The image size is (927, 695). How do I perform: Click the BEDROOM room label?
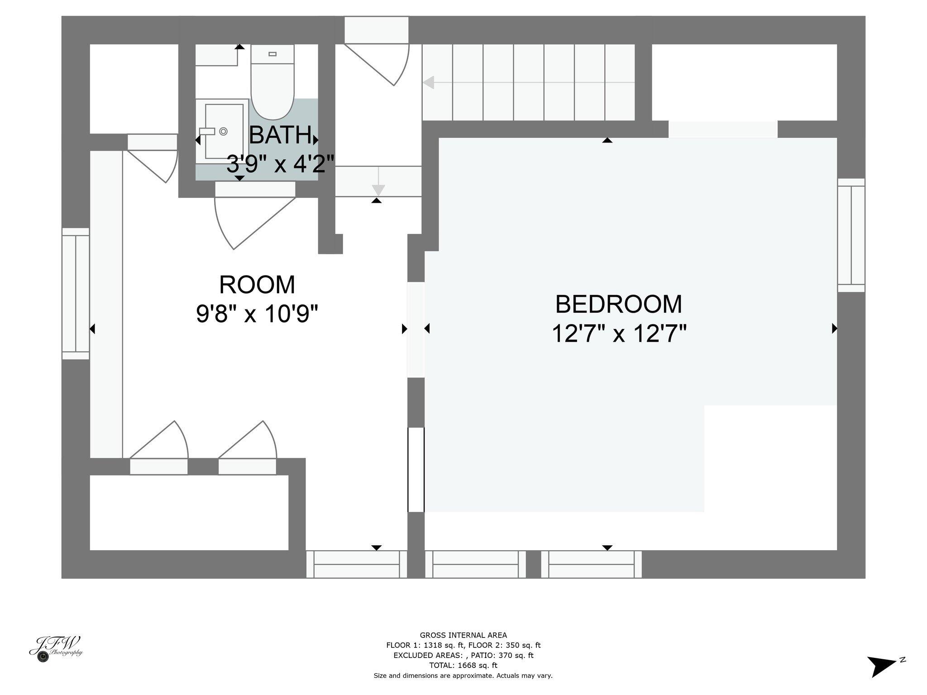pos(618,305)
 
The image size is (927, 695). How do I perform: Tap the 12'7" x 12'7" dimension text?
pos(618,334)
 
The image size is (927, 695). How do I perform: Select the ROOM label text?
pos(257,285)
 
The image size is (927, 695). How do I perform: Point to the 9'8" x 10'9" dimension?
pos(257,314)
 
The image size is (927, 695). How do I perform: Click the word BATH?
pos(280,135)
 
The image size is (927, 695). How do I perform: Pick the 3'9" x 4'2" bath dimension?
pos(280,164)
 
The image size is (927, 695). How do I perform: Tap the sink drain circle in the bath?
pos(223,131)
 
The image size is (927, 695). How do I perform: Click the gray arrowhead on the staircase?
pos(428,83)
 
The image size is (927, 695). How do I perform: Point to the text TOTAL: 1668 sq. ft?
pos(463,665)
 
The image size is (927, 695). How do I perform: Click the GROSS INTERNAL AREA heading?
pos(463,635)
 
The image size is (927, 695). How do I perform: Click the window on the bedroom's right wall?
pos(851,235)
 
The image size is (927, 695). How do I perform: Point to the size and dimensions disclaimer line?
pos(463,676)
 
